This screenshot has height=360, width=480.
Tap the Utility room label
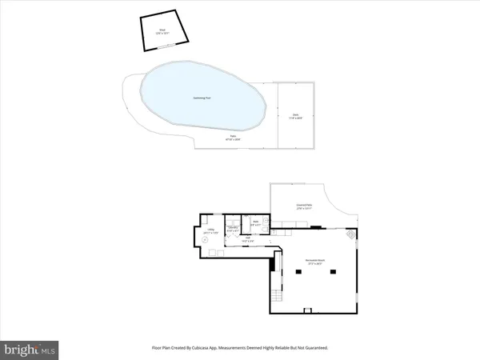210,231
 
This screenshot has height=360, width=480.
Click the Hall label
249,239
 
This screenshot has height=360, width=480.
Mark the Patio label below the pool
234,138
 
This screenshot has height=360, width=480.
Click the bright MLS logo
30,349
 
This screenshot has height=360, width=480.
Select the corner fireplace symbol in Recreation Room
350,234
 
